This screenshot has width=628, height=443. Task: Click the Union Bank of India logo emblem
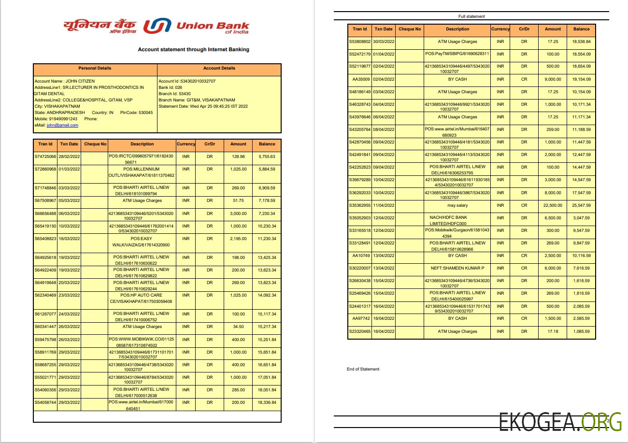[x=157, y=26]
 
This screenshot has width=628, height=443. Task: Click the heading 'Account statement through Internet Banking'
[x=193, y=49]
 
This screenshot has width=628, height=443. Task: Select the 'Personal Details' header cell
[x=95, y=68]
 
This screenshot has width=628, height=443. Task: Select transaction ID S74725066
[x=45, y=157]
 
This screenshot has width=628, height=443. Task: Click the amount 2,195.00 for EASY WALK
[x=238, y=239]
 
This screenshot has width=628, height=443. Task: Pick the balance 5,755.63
[x=267, y=157]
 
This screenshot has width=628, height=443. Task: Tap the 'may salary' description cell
[x=457, y=205]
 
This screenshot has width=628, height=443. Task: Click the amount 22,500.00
[x=553, y=205]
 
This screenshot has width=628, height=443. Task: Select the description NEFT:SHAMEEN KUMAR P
[x=457, y=268]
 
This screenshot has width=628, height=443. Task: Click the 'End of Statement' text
[x=363, y=369]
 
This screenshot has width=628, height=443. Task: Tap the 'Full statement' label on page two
[x=471, y=16]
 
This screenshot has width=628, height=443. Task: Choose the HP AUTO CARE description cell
[x=142, y=298]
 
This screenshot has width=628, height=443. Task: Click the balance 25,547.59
[x=581, y=205]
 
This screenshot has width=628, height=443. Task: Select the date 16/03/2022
[x=69, y=239]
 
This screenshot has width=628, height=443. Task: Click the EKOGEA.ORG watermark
[x=560, y=422]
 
